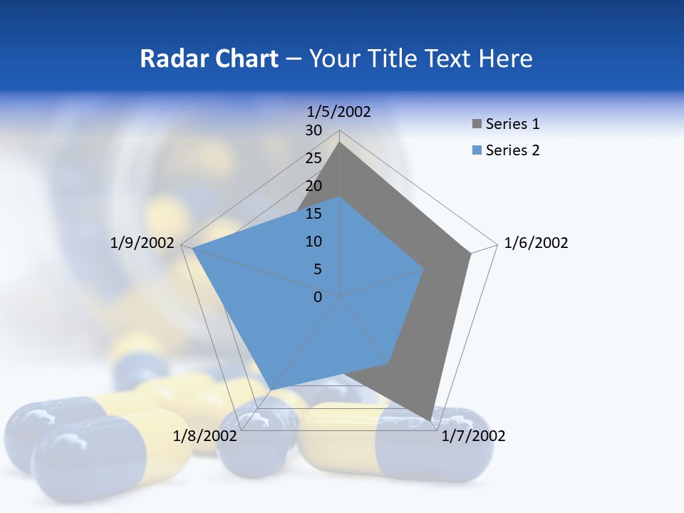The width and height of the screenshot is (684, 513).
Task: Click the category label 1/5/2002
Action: [339, 112]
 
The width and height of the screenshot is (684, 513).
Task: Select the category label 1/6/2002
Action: [536, 243]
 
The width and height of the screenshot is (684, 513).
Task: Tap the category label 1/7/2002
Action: [473, 436]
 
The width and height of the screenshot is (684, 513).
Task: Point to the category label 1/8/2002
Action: [205, 436]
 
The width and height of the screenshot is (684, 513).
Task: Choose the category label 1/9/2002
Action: [142, 243]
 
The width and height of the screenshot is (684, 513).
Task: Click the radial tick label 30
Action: [313, 130]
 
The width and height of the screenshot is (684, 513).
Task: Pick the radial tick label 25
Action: [313, 158]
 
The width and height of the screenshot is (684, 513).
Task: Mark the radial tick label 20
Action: [313, 186]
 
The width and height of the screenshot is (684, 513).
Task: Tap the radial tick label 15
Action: [313, 214]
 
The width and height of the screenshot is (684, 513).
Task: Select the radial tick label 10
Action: [313, 242]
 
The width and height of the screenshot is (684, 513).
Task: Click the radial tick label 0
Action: [318, 297]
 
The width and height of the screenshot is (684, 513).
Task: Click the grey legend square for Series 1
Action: [477, 124]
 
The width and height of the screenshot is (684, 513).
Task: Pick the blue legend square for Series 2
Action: [477, 150]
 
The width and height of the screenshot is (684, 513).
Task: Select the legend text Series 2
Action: [512, 150]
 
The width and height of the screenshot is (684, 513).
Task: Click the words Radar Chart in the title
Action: [209, 58]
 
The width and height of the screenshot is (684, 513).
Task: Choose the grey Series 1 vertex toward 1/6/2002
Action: [470, 253]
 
